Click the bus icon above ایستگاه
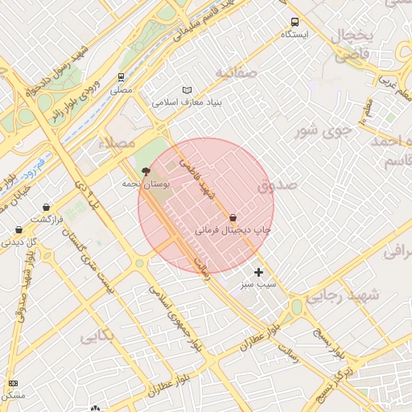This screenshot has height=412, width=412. point(295,22)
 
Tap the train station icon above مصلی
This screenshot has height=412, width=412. point(121,77)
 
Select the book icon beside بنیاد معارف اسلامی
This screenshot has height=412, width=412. point(187,90)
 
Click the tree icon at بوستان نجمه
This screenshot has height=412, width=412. point(146,171)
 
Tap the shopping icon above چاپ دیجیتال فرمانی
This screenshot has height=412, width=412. point(233,217)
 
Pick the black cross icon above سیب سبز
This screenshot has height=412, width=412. point(258,272)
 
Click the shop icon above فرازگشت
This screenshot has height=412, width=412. point(46,207)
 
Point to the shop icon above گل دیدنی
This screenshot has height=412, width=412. point(18,229)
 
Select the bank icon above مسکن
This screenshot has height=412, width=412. point(13,383)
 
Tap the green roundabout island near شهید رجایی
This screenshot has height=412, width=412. point(297,307)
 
